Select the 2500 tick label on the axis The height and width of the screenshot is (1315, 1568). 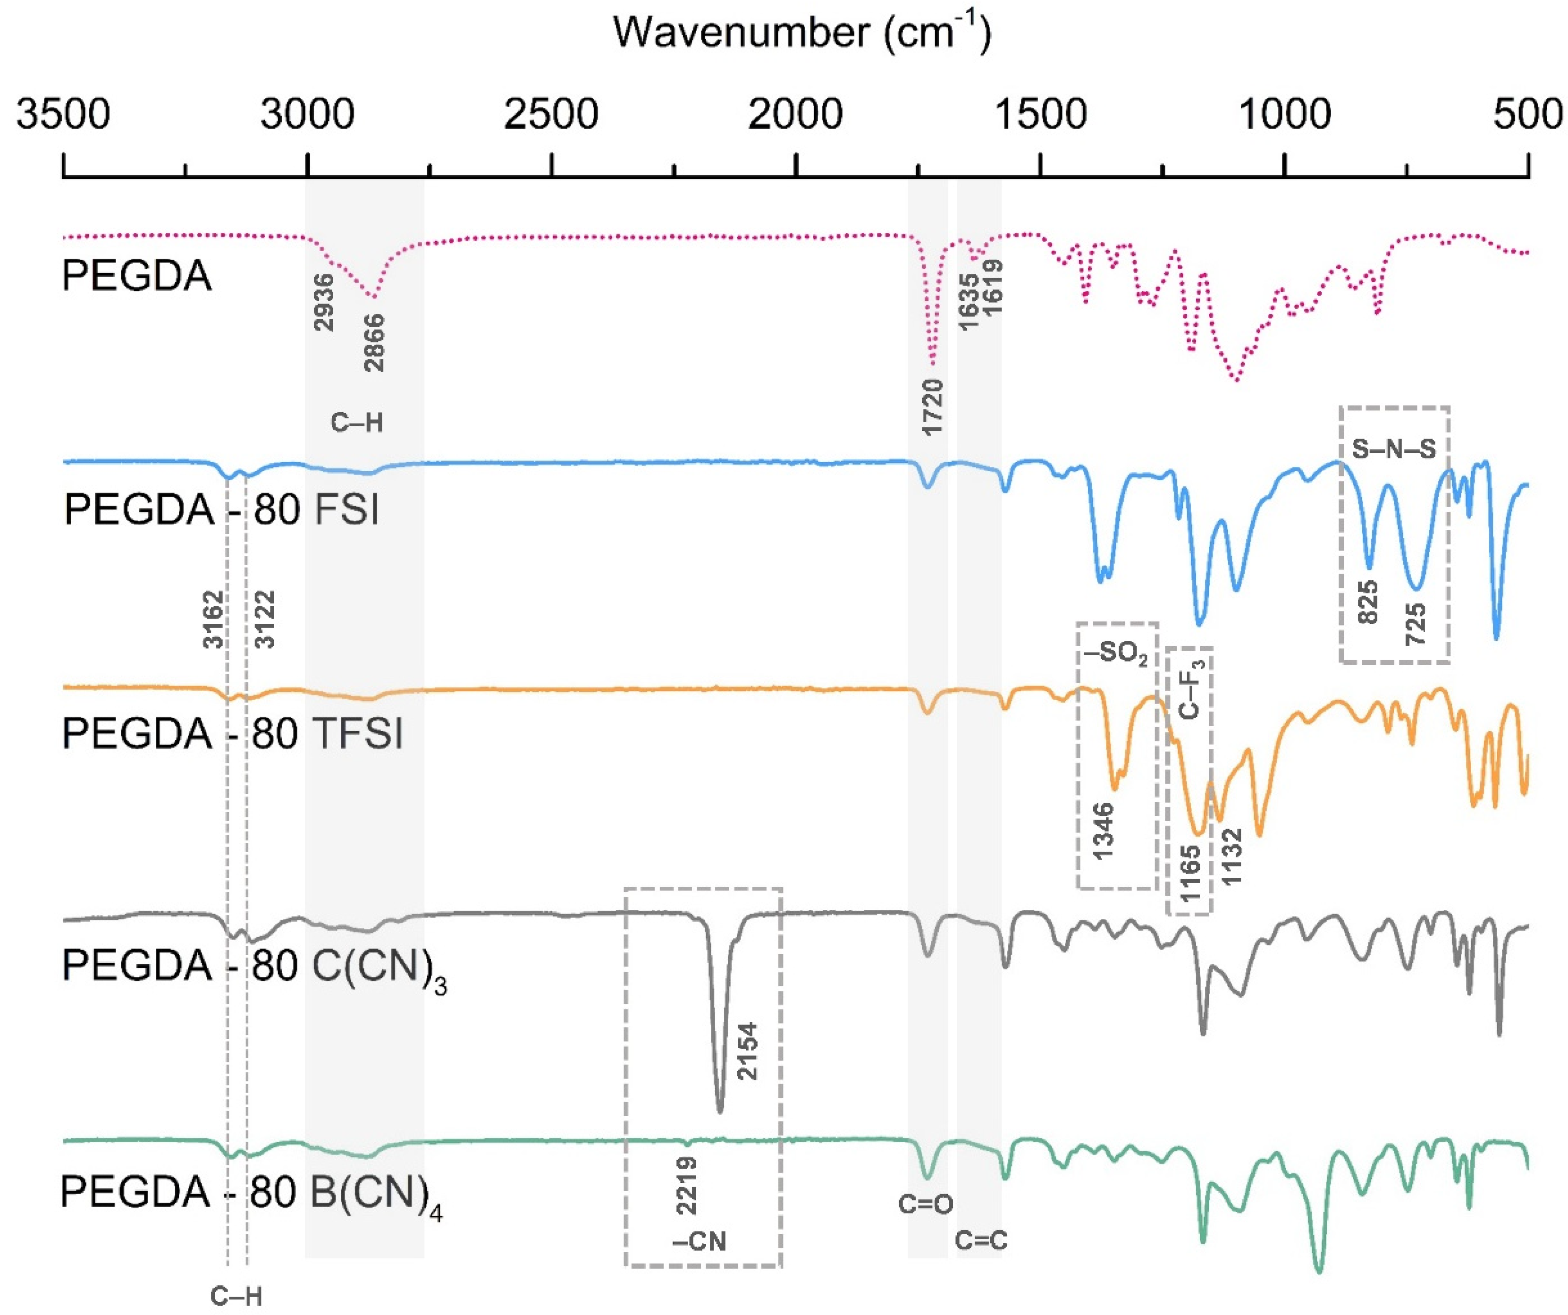pos(551,116)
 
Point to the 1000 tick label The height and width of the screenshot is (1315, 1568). pos(1284,116)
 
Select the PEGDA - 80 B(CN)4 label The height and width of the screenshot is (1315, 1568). pos(251,1193)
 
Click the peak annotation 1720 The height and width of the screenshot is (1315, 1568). pos(933,407)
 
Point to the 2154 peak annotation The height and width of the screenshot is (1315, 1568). pos(747,1052)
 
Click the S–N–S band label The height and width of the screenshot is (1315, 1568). pos(1394,448)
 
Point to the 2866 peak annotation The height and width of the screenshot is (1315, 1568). pos(374,343)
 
